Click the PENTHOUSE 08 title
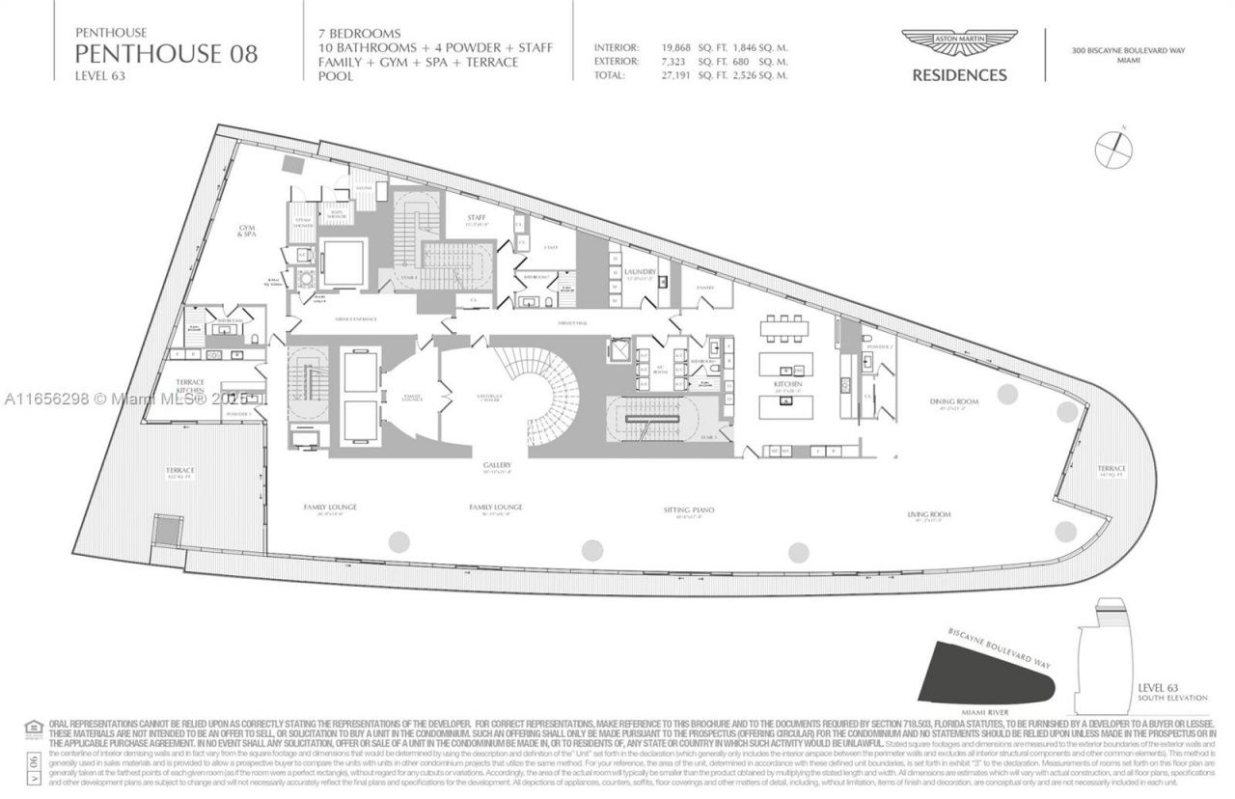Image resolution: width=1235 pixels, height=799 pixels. pos(166,53)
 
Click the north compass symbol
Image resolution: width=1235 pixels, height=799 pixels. pos(1114,147)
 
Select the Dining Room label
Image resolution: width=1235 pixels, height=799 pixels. pos(948,400)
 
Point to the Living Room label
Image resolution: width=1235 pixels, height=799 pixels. pos(929,514)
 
